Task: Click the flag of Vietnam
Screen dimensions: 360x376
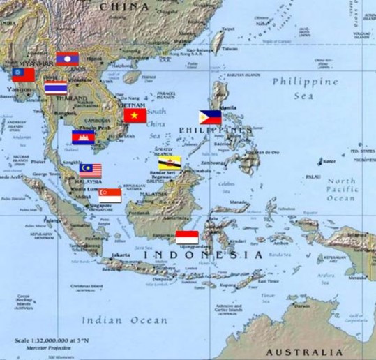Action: [x=135, y=116]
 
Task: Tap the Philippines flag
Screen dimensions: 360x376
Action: [x=209, y=117]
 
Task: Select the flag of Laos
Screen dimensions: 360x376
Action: [x=68, y=59]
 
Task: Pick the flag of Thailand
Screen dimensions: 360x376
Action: [x=55, y=88]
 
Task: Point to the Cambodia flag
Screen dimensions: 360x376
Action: [x=83, y=137]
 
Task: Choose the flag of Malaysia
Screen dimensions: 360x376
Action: [x=90, y=170]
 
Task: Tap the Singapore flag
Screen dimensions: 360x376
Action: [x=110, y=195]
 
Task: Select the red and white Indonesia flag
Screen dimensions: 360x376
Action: [x=187, y=237]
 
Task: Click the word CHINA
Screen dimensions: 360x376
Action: [x=123, y=6]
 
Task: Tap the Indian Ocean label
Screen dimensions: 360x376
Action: [x=124, y=320]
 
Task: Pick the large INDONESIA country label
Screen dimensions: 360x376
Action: [x=202, y=255]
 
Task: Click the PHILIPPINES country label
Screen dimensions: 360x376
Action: [x=216, y=130]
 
